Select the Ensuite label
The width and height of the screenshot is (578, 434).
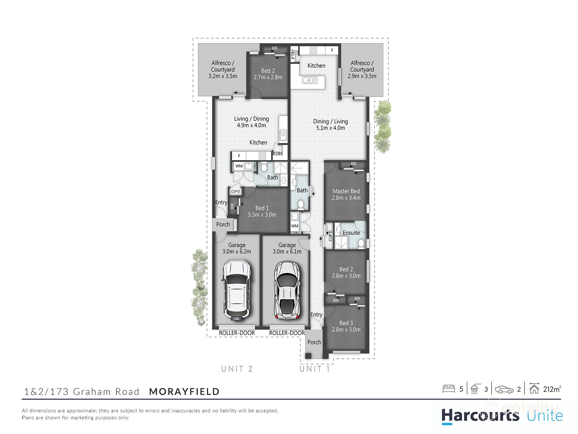coord(351,233)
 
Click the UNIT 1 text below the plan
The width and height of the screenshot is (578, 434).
coord(314,369)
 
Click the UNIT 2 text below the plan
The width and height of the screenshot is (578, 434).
coord(237,369)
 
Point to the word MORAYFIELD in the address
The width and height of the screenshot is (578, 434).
coord(184,391)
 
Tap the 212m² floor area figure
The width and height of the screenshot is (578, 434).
coord(552,389)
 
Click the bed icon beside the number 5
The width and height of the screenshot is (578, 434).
coord(449,389)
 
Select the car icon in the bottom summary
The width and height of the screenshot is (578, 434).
coord(504,389)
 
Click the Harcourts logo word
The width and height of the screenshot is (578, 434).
coord(480,416)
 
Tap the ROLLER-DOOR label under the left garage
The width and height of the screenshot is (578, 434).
coord(237,333)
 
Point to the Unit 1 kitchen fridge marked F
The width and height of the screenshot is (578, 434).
coord(332,50)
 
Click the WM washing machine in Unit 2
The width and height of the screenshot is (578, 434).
coord(239,166)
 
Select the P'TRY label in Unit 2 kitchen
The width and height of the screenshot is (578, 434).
coord(277,153)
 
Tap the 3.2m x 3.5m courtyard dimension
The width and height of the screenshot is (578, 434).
coord(223,76)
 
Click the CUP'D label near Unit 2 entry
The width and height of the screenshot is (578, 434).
coord(235,192)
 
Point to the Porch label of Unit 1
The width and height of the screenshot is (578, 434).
coord(314,342)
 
